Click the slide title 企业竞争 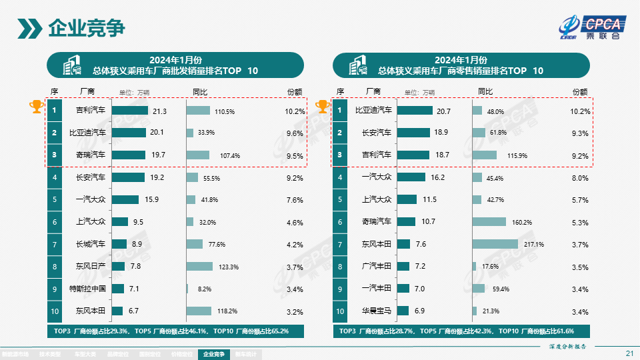(87, 29)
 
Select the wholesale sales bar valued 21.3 (129, 111)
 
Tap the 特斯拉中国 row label (87, 289)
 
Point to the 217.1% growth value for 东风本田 (535, 245)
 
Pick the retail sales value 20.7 (443, 111)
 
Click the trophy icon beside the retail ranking (323, 107)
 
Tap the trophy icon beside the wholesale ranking (36, 107)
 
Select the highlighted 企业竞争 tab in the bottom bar (213, 355)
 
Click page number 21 (629, 353)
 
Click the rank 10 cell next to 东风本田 (55, 311)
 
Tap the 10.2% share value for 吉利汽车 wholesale (294, 111)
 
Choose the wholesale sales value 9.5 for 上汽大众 (139, 222)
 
